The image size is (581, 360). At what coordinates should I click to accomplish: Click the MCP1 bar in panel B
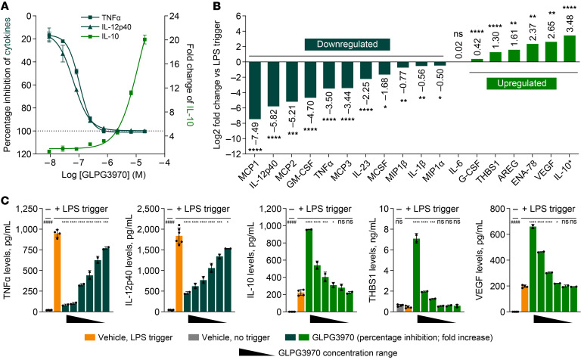tap(255, 90)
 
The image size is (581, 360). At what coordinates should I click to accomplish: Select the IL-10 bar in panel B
tap(569, 48)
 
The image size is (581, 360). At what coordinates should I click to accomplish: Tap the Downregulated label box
tap(347, 45)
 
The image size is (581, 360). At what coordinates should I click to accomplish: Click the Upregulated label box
tap(521, 83)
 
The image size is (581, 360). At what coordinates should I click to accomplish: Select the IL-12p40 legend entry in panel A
tap(106, 27)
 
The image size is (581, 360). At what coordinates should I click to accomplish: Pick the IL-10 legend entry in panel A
tap(100, 36)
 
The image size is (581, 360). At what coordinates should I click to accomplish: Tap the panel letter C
tap(5, 200)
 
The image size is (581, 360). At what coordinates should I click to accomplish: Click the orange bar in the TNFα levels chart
tap(57, 272)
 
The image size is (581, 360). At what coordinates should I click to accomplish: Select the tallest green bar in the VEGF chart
tap(533, 269)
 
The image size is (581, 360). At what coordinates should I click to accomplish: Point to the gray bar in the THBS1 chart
tap(399, 309)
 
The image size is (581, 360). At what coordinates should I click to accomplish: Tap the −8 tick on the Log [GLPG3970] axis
tap(51, 163)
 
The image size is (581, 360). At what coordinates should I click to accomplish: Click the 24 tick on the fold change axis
tap(174, 17)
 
